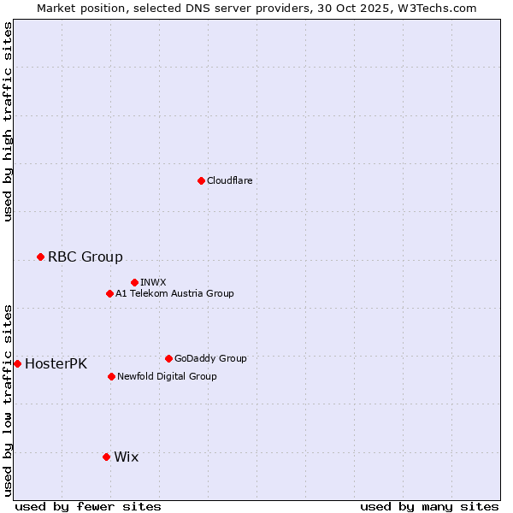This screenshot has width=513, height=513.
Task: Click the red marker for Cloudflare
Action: [x=201, y=180]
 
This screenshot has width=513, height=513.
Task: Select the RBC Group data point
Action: [x=40, y=256]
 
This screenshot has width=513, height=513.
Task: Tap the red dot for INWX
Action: [x=134, y=282]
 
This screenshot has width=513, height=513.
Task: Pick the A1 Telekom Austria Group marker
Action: [x=109, y=293]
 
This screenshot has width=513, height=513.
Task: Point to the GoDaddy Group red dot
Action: [x=168, y=358]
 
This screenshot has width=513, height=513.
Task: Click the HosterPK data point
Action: [x=17, y=363]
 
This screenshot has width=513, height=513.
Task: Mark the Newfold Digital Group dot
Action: [x=111, y=376]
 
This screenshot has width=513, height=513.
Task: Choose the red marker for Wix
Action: [x=106, y=457]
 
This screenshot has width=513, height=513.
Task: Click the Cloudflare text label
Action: [x=229, y=180]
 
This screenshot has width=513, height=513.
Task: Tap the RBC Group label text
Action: [x=85, y=256]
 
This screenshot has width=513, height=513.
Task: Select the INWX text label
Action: [x=153, y=282]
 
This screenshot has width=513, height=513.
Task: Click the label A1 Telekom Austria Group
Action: [x=174, y=293]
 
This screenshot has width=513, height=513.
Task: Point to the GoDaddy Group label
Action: [x=210, y=358]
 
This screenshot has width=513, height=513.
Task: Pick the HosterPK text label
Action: [x=56, y=363]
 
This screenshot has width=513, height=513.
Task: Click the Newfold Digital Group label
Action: [x=167, y=376]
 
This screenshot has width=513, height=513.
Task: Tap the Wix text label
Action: [x=126, y=457]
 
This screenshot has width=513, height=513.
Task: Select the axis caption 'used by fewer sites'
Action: [x=88, y=506]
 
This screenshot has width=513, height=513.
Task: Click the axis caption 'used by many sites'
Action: [x=429, y=506]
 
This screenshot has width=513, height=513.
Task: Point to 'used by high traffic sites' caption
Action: [x=8, y=121]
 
